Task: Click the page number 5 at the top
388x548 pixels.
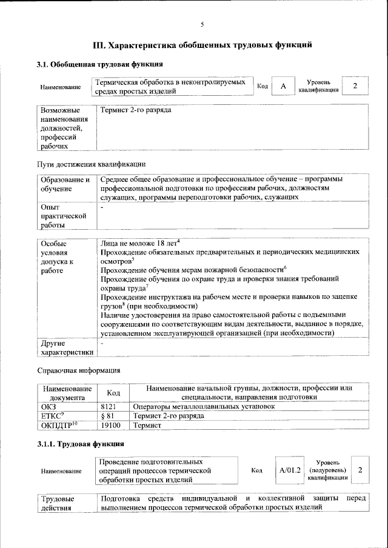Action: coord(202,24)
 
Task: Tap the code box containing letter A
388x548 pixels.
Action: coord(283,87)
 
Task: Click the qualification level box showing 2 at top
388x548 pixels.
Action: coord(355,86)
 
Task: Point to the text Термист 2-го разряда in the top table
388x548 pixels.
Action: coord(136,111)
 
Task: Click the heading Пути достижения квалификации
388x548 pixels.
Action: coord(91,164)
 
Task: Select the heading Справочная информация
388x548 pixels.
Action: coord(78,370)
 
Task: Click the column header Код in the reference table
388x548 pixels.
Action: coord(113,393)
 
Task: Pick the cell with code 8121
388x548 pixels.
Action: coord(108,406)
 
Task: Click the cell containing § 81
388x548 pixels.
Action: coord(107,416)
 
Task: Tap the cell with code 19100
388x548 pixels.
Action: coord(110,426)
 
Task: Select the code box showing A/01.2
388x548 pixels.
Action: coord(290,470)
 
